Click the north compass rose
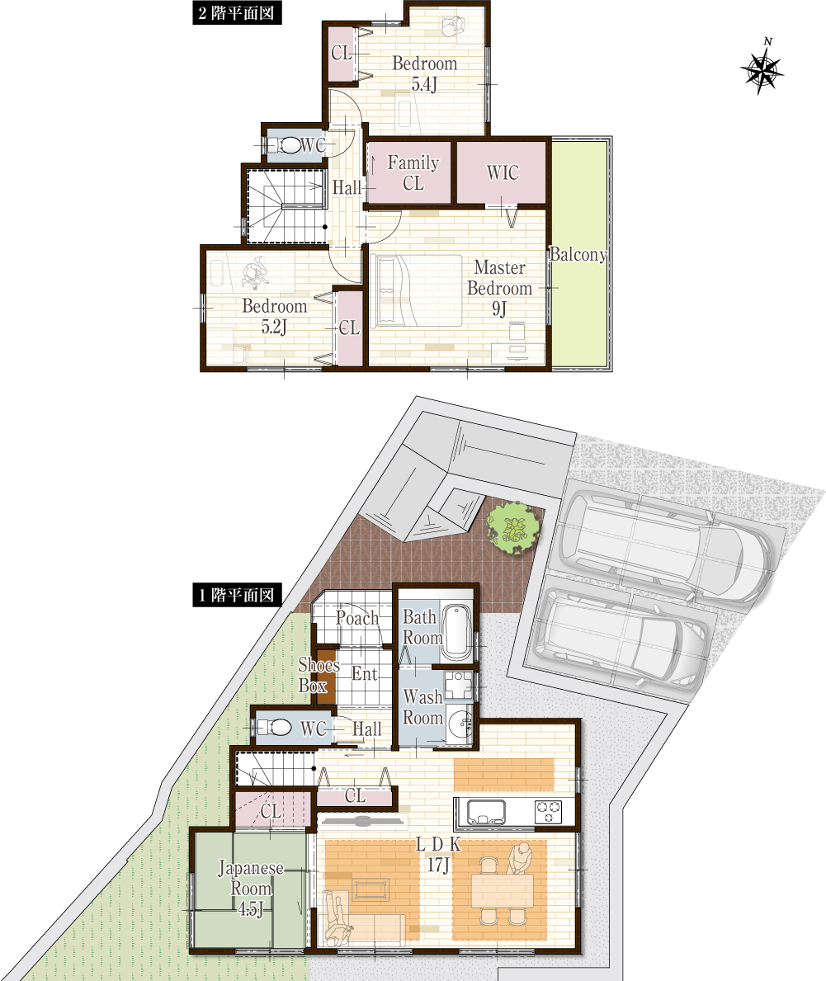(762, 68)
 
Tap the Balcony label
(578, 255)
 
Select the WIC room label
(503, 172)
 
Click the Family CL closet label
(413, 172)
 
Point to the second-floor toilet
(286, 146)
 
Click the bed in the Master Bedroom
(416, 290)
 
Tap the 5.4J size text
(424, 84)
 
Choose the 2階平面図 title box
(237, 12)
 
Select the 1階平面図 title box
(237, 595)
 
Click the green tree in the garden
(514, 529)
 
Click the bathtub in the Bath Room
(456, 632)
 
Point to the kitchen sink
(482, 812)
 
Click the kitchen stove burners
(548, 812)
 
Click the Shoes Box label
(318, 675)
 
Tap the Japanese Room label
(251, 879)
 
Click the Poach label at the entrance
(357, 618)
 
